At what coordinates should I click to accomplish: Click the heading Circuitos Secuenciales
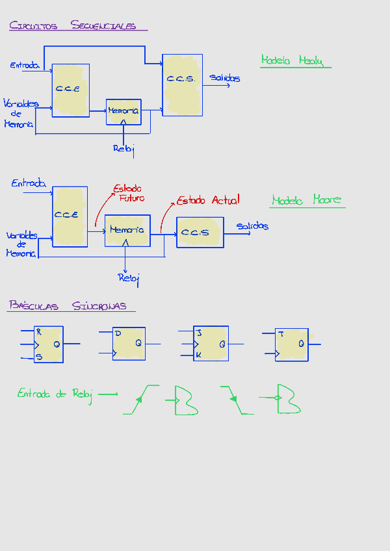73,26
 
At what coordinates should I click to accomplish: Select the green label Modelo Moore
306,200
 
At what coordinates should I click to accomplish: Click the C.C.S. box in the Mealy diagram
182,85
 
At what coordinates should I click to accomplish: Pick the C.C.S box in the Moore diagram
200,233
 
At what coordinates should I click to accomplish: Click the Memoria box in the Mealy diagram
123,112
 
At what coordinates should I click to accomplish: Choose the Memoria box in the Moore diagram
127,231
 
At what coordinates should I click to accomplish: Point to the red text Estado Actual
208,200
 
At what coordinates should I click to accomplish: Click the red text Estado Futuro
129,194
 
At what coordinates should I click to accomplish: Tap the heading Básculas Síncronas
68,306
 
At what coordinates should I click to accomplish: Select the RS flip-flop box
49,344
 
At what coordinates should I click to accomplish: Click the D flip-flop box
129,343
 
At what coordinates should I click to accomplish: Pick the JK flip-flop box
211,343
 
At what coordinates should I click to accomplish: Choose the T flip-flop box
291,344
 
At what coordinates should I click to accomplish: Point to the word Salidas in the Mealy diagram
224,79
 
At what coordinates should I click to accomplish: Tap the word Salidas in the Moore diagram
252,226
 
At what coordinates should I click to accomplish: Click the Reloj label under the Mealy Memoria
123,149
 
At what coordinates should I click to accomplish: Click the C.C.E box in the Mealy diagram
70,90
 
